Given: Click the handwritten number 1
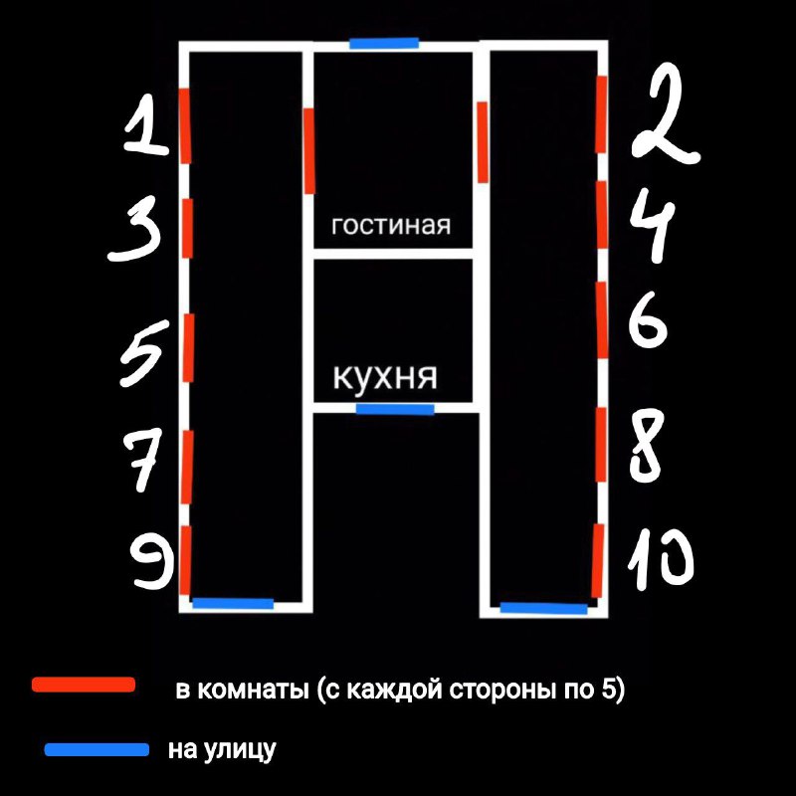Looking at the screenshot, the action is coord(145,125).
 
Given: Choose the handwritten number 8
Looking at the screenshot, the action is coord(647,446).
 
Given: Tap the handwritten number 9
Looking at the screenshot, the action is coord(152,562).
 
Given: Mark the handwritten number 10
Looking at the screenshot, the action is coord(661,558).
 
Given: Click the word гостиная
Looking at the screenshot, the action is coord(391,225).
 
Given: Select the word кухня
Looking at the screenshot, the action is coord(385,377).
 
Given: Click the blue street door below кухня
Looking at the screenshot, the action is coord(395,409).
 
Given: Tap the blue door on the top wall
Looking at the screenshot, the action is coord(384,43).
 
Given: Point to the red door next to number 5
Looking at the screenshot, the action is coord(188,347).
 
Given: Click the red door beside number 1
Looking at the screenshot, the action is coord(185,126).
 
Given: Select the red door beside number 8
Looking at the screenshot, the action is coord(601,444).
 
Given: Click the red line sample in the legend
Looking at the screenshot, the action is coord(84,685).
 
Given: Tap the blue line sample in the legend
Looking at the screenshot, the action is coord(97,750).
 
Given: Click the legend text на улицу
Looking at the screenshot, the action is coord(222,750).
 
